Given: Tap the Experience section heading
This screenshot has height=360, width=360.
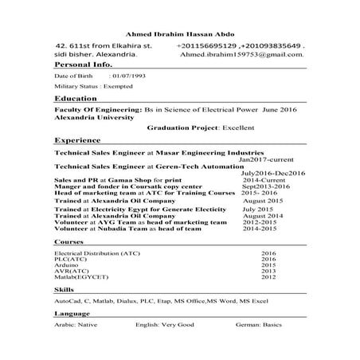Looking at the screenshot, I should pyautogui.click(x=78, y=139).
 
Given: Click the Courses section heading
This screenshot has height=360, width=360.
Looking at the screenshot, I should pyautogui.click(x=70, y=241).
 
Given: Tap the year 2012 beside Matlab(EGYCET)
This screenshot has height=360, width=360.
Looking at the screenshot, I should pyautogui.click(x=268, y=276).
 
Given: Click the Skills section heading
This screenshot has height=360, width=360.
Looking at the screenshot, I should pyautogui.click(x=65, y=292).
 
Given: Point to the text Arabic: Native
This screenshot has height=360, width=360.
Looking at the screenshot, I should pyautogui.click(x=76, y=327).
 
